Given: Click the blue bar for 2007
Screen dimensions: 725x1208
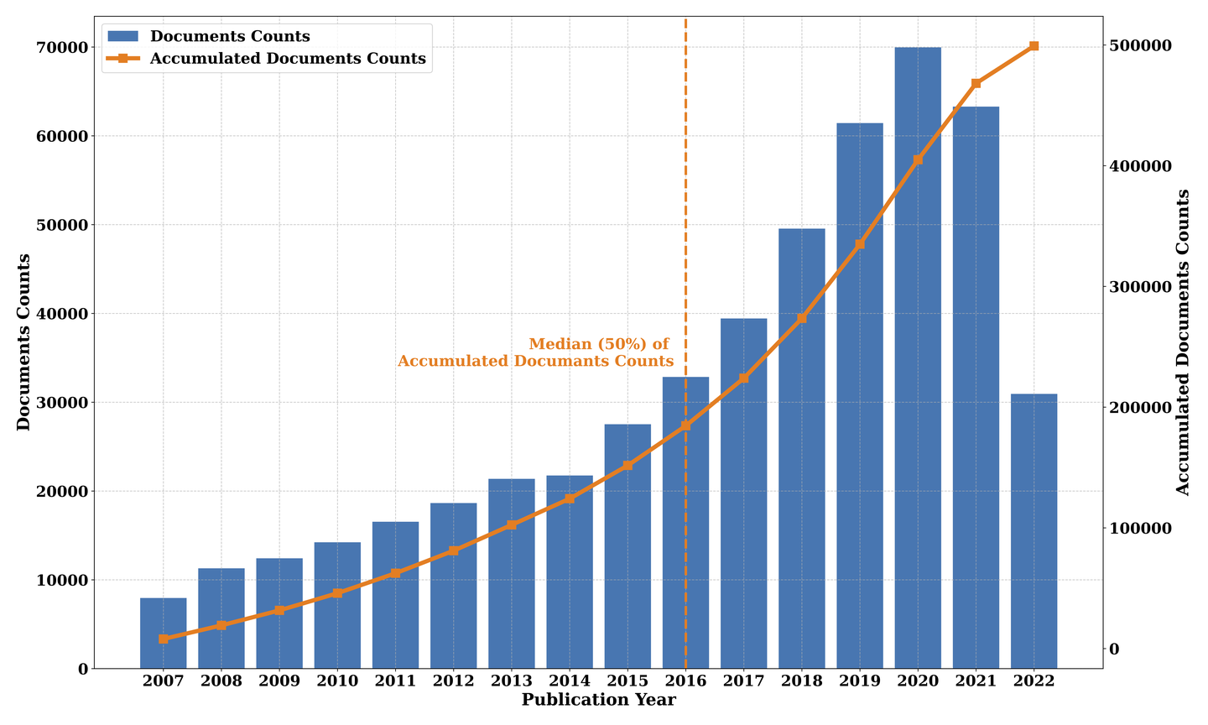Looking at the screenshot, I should click(x=164, y=633).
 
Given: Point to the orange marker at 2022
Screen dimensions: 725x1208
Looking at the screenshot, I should click(x=1034, y=46).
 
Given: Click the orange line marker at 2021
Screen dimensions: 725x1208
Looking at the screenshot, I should click(x=976, y=84).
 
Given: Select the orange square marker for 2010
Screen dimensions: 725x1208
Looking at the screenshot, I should click(x=337, y=593).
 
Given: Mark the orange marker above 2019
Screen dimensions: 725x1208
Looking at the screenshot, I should click(x=860, y=244).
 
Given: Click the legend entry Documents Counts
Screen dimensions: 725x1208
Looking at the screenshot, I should click(x=230, y=37).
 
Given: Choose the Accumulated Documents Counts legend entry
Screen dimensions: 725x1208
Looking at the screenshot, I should click(x=288, y=59).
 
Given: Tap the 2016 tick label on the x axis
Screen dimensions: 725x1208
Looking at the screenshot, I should click(x=685, y=681).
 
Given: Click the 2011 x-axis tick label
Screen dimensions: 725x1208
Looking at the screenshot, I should click(x=395, y=681).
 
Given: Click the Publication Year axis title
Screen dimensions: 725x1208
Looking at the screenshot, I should click(x=598, y=700).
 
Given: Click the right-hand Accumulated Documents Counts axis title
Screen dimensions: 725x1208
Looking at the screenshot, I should click(x=1183, y=342).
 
